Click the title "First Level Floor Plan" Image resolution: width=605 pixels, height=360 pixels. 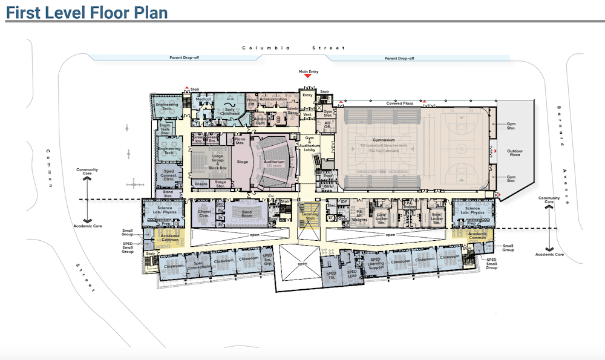(x=86, y=11)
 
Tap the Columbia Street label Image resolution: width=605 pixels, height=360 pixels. (x=293, y=48)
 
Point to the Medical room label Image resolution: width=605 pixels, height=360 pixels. (x=203, y=99)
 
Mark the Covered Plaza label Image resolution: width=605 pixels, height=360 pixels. (x=399, y=103)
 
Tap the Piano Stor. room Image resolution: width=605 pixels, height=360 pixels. (x=239, y=141)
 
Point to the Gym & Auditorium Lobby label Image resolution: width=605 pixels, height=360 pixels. (x=309, y=142)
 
